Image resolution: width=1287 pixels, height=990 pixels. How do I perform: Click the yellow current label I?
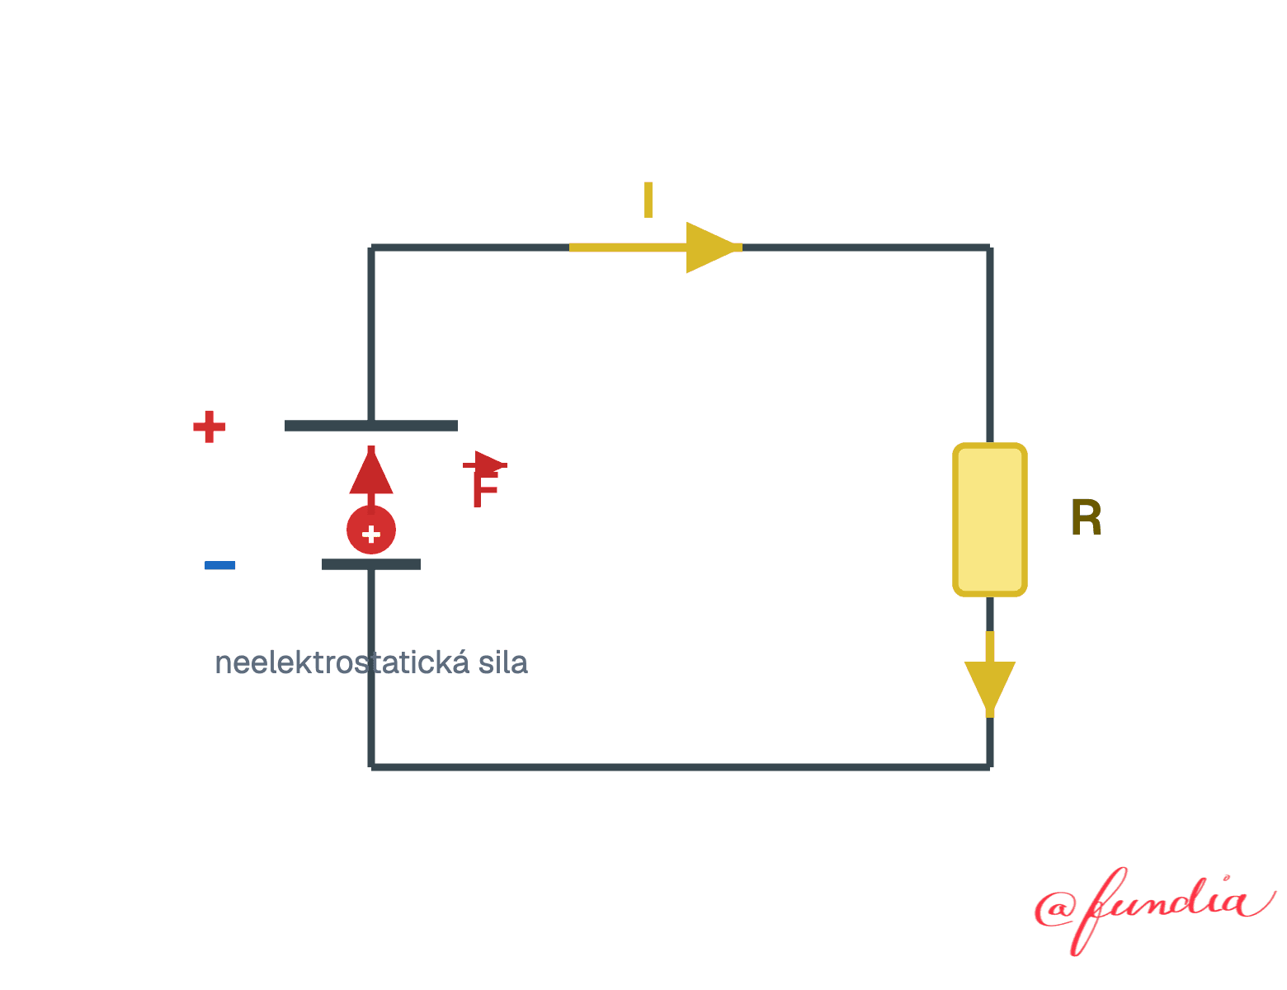tap(648, 200)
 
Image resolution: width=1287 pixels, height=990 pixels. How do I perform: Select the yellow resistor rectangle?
tap(989, 519)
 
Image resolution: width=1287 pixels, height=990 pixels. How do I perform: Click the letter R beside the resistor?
tap(1086, 517)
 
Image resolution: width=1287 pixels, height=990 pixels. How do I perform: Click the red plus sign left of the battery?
tap(209, 427)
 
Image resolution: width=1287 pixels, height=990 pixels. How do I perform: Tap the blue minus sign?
tap(219, 565)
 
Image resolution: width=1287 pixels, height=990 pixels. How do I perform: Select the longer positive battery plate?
tap(370, 426)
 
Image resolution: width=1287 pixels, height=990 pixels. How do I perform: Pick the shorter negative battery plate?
tap(370, 564)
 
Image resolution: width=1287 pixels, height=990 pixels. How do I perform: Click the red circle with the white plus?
tap(370, 530)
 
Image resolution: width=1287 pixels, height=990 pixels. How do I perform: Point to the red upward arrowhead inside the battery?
tap(370, 471)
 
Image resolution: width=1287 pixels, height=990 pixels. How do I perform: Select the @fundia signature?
tap(1155, 912)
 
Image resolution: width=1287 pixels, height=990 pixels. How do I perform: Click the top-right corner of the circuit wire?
tap(990, 247)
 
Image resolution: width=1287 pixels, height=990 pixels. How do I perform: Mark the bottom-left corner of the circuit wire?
tap(370, 767)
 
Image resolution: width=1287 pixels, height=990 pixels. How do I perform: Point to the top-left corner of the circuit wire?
tap(370, 247)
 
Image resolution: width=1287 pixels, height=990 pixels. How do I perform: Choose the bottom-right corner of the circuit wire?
tap(990, 767)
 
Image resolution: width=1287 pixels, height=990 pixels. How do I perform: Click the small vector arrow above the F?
tap(484, 463)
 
